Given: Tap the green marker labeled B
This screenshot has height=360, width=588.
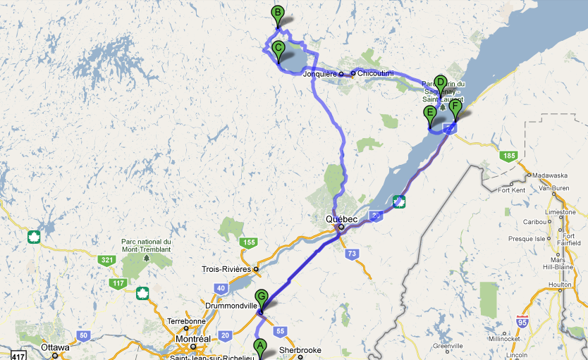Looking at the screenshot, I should [278, 13].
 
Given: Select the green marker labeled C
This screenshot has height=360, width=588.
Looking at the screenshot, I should [278, 49].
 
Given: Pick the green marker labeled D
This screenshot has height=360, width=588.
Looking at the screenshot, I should [441, 82].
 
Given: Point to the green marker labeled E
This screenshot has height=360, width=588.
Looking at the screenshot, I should [429, 113].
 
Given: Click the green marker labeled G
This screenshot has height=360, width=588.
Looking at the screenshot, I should [262, 297].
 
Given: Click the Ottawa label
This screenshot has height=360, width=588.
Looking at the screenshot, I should [55, 347].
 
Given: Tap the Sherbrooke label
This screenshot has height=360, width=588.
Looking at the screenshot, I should [300, 349].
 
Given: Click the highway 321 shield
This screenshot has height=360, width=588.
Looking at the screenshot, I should [107, 261].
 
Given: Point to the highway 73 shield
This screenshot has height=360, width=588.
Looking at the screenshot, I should [348, 252].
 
